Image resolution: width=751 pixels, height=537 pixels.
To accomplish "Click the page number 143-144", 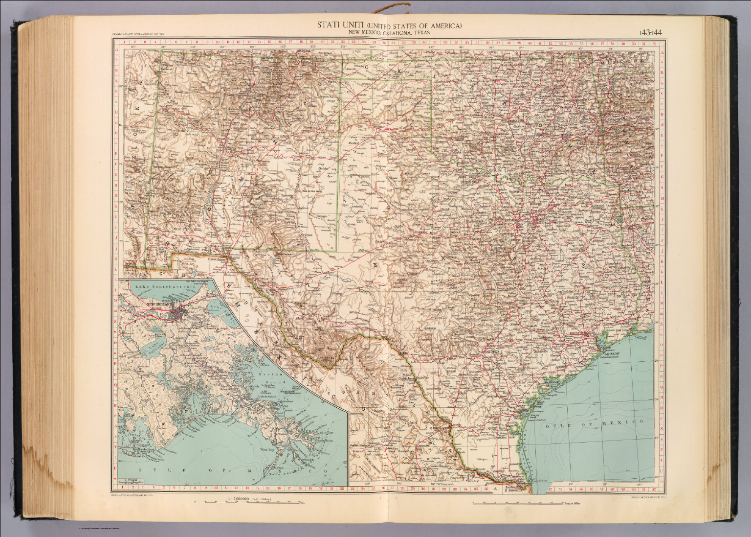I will pos(650,33).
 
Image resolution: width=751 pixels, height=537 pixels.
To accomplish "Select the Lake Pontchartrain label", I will pos(161,287).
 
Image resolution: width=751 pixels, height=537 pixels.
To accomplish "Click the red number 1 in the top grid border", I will pos(125,43).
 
